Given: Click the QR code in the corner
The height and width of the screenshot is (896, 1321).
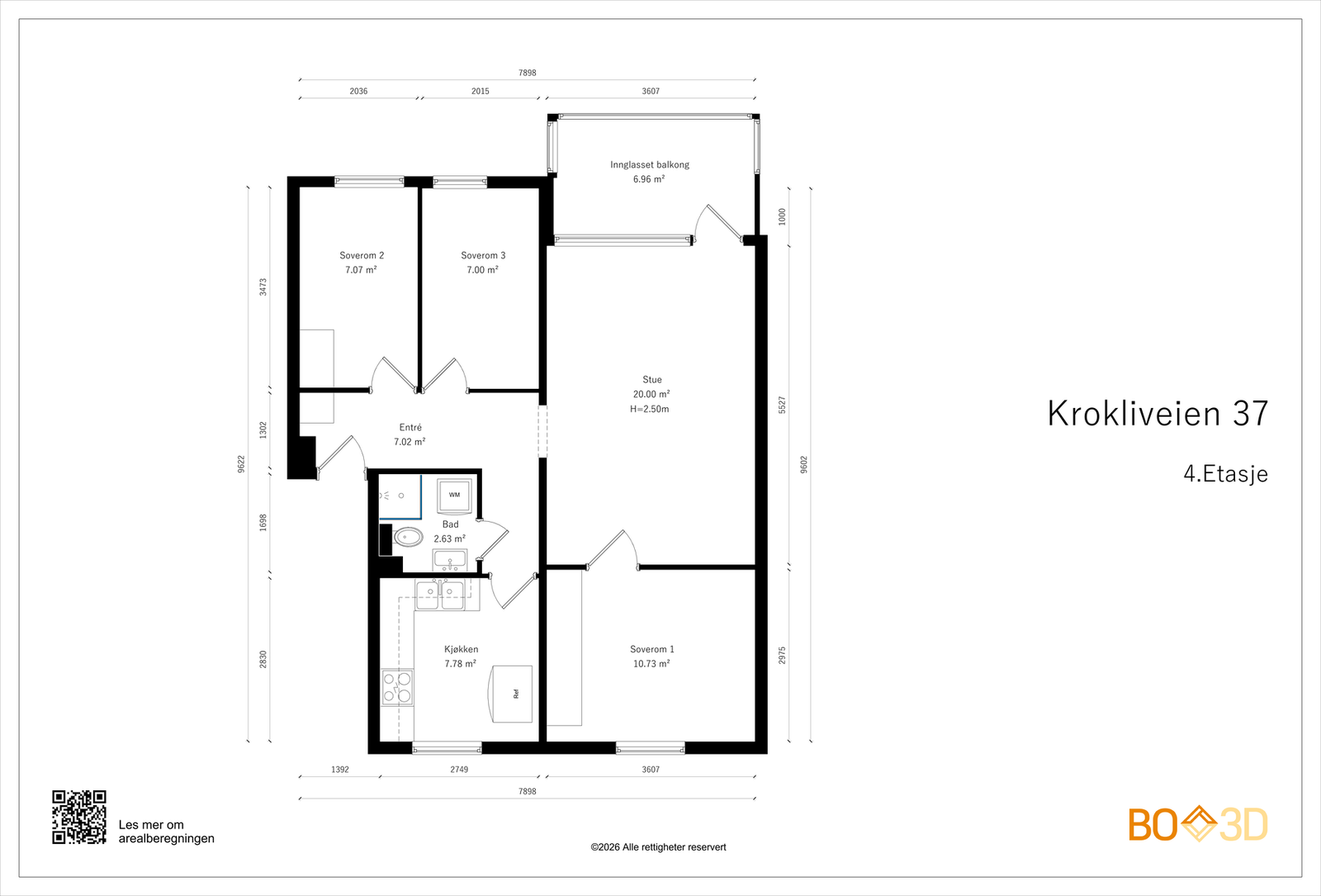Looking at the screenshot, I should coord(79,817).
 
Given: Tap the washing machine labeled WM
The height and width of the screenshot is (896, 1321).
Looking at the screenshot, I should coord(454,495).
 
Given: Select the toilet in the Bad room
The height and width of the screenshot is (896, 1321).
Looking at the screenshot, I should coord(408,538).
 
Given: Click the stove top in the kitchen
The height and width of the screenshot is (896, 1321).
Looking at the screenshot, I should coord(397,687).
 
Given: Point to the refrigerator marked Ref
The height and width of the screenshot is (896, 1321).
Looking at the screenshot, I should coord(512,694).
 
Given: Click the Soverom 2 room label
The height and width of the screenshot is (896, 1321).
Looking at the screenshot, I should coord(362,255).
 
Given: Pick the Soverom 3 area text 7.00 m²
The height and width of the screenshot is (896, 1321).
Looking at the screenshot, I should coord(482,270).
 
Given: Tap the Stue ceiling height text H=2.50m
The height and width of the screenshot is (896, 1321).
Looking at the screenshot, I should coord(650,409).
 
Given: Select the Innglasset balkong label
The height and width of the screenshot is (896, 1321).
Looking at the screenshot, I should coord(650,164).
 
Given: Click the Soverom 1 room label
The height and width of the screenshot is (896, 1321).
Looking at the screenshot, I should coord(652,649).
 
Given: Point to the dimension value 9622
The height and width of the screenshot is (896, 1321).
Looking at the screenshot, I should coord(241,464).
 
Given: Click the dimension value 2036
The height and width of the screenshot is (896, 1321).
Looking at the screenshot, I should coord(358,91).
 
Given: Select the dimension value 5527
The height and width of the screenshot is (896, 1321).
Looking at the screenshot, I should coord(782,405).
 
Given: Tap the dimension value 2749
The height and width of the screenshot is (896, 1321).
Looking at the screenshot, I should coord(459,769).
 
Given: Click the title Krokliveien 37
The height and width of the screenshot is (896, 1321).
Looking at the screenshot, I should coord(1158,414).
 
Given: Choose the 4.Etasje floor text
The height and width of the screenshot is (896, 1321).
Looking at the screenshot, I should coord(1225,474).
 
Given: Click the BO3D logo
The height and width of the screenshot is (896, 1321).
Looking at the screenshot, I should coord(1198,824).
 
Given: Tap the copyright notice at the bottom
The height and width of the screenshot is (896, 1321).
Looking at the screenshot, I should coord(658,847).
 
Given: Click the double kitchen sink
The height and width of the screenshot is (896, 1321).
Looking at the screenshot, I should coord(440,594).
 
